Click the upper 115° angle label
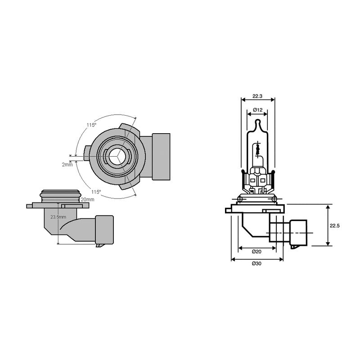coord(91,125)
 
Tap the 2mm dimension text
coord(67,165)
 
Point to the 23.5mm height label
coord(58,217)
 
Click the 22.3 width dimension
coord(257,96)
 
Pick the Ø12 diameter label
coord(257,110)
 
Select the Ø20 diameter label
coord(257,251)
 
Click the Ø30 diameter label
coord(256,263)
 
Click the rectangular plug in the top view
coord(161,157)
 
